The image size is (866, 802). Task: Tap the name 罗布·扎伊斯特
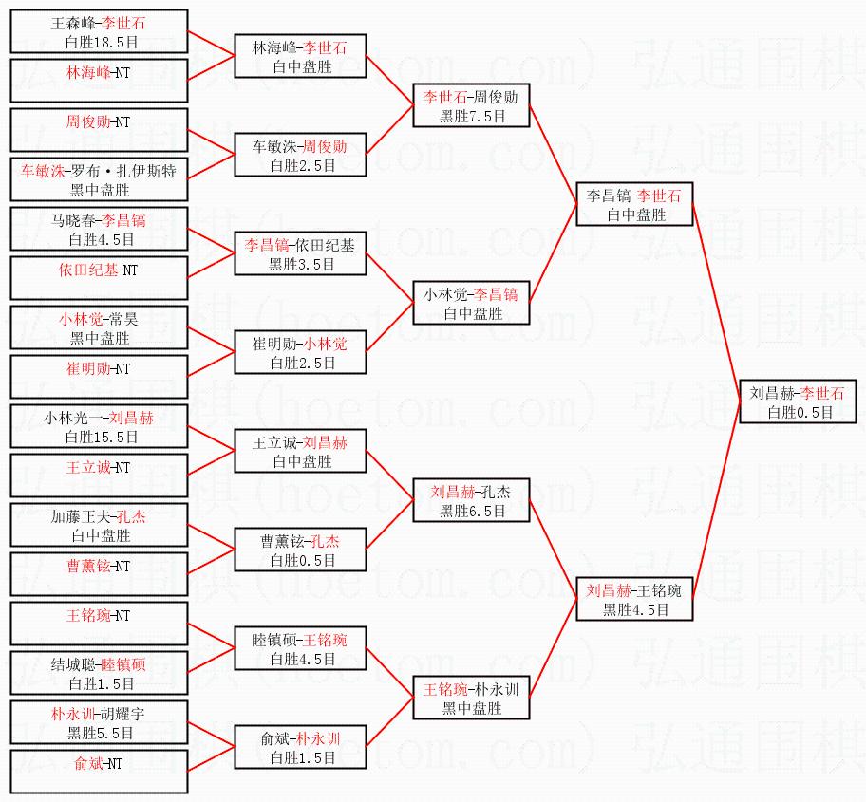coord(140,171)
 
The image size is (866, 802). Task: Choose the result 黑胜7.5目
coord(471,116)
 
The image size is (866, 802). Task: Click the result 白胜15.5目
coord(102,437)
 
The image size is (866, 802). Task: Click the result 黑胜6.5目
coord(471,511)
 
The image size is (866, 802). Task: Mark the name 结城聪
coord(72,664)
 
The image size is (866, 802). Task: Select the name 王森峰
coord(76,24)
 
